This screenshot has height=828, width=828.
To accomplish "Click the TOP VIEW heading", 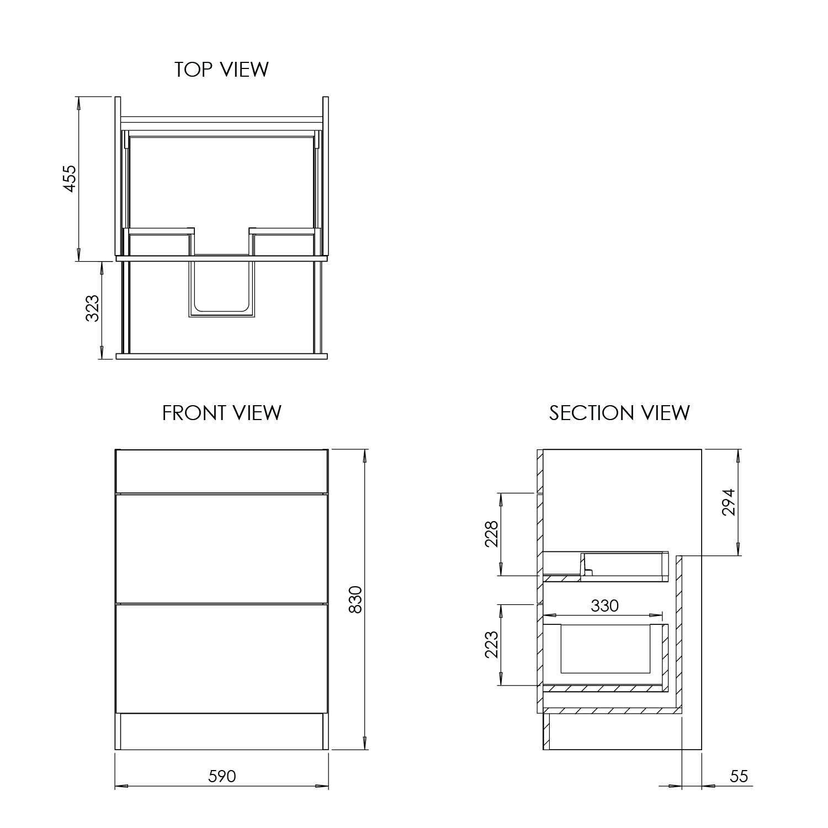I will tap(221, 70).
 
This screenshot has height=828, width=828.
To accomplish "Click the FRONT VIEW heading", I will tap(221, 413).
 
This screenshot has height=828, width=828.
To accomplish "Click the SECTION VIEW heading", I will tap(619, 413).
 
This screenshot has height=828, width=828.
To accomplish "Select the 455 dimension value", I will tap(70, 178).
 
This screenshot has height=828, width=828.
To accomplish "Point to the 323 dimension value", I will tap(93, 309).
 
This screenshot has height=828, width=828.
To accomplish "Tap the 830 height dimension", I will tap(356, 599).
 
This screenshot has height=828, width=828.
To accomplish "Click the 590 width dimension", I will tap(222, 776).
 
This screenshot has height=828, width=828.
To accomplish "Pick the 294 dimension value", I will tap(729, 502).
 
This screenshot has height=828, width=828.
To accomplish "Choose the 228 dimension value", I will tap(491, 534).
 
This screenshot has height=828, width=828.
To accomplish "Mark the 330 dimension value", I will tap(604, 606).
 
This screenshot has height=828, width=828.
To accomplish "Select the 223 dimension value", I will tap(491, 644).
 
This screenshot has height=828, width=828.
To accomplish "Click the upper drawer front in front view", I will tap(221, 548).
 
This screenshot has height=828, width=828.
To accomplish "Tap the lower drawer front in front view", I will tap(221, 658).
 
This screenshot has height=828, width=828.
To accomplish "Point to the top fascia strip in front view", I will tap(221, 470).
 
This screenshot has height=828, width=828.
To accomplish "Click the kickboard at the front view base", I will tap(221, 732).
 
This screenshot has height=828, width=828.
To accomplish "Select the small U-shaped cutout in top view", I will tap(221, 288).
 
